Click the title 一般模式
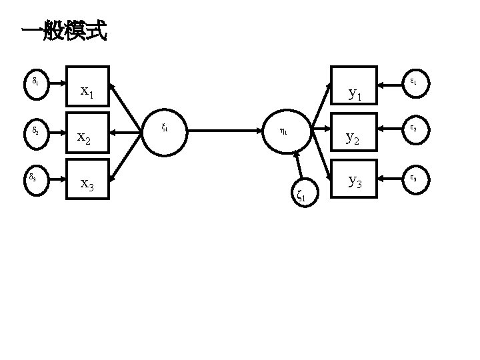coord(64,31)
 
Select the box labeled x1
coord(89,87)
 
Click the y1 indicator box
coord(355,87)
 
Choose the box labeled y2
coord(355,133)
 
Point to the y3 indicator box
coord(355,179)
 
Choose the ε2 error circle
coord(414,129)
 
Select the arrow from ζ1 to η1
coord(297,167)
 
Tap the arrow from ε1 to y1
coord(389,85)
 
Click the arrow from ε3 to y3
coord(389,179)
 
